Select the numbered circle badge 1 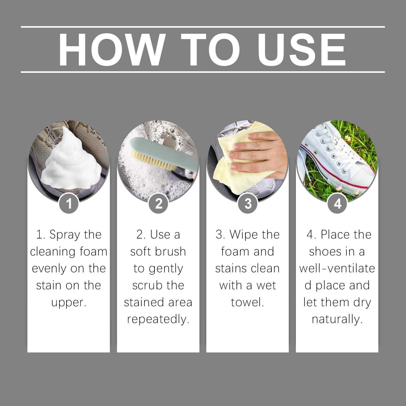coord(69,203)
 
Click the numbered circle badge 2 coord(158,203)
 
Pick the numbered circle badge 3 coord(248,203)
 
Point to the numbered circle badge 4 coord(337,203)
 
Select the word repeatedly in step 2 coord(158,319)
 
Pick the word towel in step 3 coord(247,302)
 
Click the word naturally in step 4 coord(337,319)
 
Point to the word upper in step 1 coord(69,303)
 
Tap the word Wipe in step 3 coord(243,235)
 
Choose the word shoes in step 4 coord(324,251)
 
